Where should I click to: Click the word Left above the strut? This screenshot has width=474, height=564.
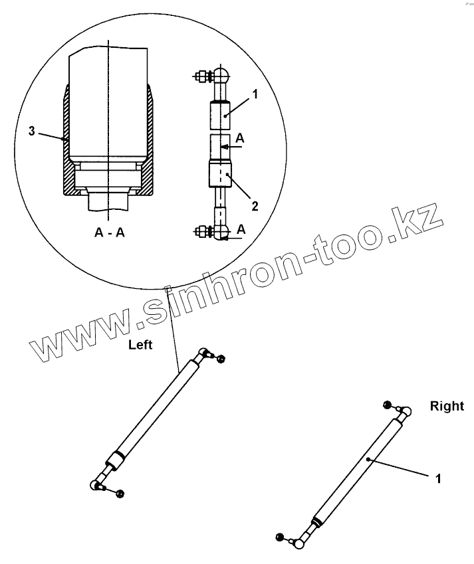(141, 345)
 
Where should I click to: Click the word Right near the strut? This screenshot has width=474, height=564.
(447, 405)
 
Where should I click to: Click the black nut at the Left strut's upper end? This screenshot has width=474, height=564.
(221, 359)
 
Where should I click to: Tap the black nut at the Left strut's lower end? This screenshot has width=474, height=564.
(120, 492)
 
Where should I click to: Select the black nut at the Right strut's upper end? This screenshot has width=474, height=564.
(387, 404)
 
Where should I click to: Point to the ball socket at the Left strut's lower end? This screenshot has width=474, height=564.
(95, 484)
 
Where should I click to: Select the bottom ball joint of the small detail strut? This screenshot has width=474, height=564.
(221, 232)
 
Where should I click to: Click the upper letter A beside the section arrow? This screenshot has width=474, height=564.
(240, 139)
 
